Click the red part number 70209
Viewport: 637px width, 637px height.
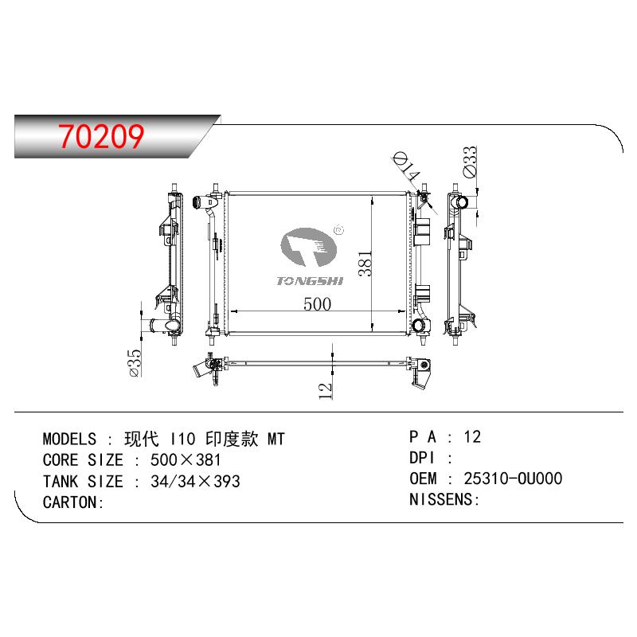(101, 136)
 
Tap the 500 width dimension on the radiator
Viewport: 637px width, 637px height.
(317, 304)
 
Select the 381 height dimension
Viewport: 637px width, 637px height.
(365, 264)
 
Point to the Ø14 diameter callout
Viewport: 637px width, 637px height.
(406, 166)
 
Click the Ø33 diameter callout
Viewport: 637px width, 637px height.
(470, 162)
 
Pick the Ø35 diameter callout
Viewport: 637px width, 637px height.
(135, 363)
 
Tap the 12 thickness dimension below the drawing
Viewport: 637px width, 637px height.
(326, 391)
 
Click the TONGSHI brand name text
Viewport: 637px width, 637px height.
(310, 281)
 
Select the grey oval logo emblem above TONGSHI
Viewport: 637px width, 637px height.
(308, 247)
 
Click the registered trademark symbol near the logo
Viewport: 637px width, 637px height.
(339, 230)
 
